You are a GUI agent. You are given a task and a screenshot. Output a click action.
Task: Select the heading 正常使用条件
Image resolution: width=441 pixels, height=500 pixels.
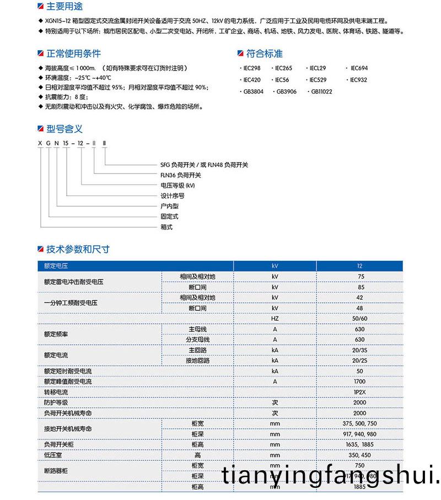(73, 53)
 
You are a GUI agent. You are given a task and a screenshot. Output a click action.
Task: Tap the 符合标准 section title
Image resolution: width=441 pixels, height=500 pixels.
(264, 53)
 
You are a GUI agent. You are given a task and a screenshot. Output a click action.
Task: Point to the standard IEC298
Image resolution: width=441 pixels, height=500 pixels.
(251, 68)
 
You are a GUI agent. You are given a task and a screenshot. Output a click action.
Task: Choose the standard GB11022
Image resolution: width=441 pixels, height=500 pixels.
(321, 92)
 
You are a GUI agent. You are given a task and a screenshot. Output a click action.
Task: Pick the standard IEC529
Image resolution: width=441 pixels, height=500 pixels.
(318, 79)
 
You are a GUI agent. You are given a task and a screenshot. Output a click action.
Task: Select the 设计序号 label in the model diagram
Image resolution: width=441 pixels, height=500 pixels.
(172, 196)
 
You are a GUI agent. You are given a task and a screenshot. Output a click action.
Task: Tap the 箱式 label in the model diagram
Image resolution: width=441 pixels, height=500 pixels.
(166, 227)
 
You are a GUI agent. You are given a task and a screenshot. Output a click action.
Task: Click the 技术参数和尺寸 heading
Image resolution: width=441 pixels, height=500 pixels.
(78, 249)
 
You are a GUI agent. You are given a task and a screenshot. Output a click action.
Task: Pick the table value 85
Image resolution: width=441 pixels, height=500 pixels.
(361, 287)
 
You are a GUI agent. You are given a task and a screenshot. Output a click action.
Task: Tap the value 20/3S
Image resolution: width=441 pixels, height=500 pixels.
(360, 350)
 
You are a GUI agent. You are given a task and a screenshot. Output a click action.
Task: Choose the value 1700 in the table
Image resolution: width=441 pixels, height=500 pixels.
(360, 381)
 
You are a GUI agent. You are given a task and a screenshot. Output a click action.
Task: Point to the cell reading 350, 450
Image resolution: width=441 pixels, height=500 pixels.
(360, 455)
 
